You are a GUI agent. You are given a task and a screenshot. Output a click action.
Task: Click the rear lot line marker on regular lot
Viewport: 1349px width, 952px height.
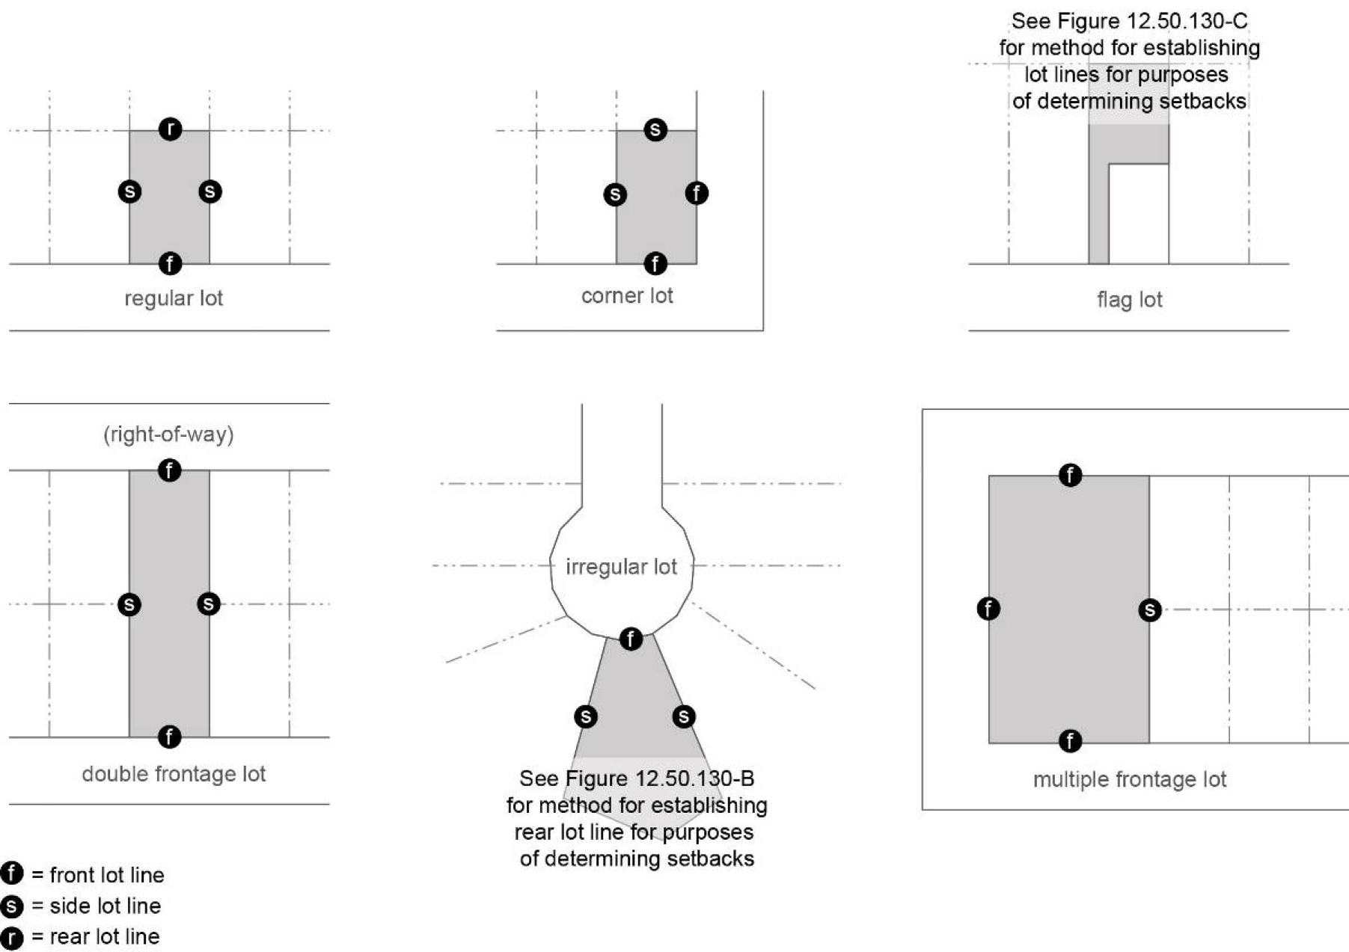(171, 129)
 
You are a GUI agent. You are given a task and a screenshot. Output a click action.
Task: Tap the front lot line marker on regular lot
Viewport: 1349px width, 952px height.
(171, 263)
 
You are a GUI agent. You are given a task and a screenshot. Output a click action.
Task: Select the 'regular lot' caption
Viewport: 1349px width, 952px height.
(174, 298)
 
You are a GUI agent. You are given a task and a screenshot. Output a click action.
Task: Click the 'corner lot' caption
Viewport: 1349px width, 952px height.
(627, 296)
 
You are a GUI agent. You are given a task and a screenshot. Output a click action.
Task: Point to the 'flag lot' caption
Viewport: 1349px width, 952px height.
(1129, 300)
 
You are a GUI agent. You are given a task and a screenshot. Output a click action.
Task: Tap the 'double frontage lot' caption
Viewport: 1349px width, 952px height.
(174, 774)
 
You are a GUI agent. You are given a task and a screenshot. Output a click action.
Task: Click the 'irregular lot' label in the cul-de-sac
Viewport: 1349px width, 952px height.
(621, 567)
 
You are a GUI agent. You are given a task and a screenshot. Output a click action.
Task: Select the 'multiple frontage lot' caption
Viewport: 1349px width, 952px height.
(1129, 779)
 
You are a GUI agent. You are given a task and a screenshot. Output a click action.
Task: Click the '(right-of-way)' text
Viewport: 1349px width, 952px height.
(168, 434)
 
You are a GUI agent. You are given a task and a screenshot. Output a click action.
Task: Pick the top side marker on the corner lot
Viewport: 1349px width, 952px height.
(655, 130)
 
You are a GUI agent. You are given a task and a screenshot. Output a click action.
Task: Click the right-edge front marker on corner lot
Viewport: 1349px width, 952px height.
(697, 194)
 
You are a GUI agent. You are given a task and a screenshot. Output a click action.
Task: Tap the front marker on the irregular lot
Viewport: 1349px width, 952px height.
(631, 639)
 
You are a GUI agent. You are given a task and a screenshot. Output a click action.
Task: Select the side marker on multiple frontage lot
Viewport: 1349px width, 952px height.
(1150, 610)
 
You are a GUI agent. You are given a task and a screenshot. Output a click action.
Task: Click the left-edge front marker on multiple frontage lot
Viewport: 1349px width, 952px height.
(988, 609)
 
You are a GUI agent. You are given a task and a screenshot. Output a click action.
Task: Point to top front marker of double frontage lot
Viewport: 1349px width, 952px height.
(170, 470)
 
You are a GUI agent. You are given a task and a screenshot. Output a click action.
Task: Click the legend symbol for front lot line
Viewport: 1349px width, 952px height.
(12, 873)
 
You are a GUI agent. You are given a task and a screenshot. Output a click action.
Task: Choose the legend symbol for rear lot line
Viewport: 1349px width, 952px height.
(12, 938)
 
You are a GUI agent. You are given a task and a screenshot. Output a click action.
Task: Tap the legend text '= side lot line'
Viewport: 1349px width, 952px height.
(97, 906)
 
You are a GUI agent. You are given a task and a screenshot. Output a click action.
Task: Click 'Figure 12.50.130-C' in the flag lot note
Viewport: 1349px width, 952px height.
(1152, 21)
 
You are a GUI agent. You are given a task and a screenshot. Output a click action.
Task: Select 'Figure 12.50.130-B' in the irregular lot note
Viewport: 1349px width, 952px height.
(660, 779)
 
